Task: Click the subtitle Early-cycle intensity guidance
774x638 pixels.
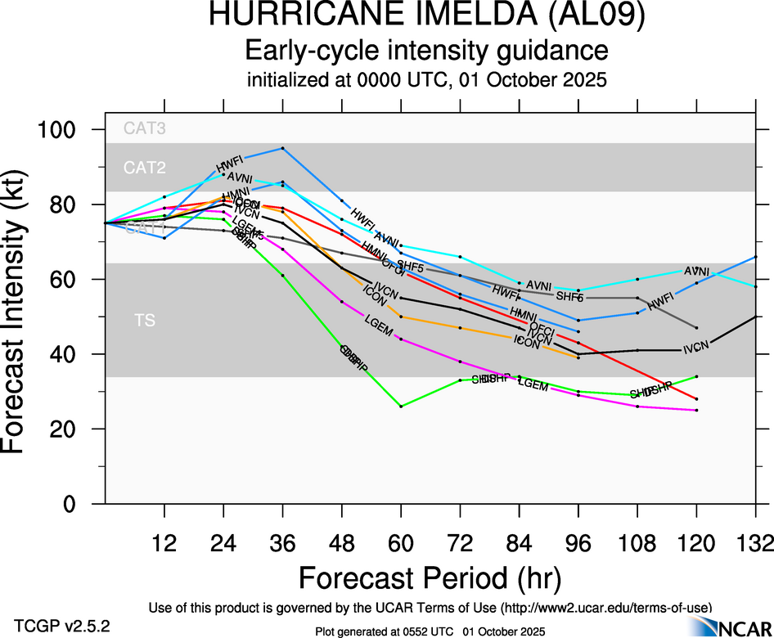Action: point(427,51)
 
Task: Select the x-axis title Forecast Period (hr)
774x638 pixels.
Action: point(430,577)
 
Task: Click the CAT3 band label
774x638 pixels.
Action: point(145,128)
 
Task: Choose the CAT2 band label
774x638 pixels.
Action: point(145,168)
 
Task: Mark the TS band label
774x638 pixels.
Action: point(145,321)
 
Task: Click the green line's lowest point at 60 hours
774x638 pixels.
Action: point(401,406)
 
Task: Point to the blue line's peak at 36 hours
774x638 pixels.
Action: point(282,148)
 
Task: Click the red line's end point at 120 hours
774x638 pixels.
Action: point(696,399)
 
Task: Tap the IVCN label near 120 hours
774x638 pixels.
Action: point(696,346)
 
